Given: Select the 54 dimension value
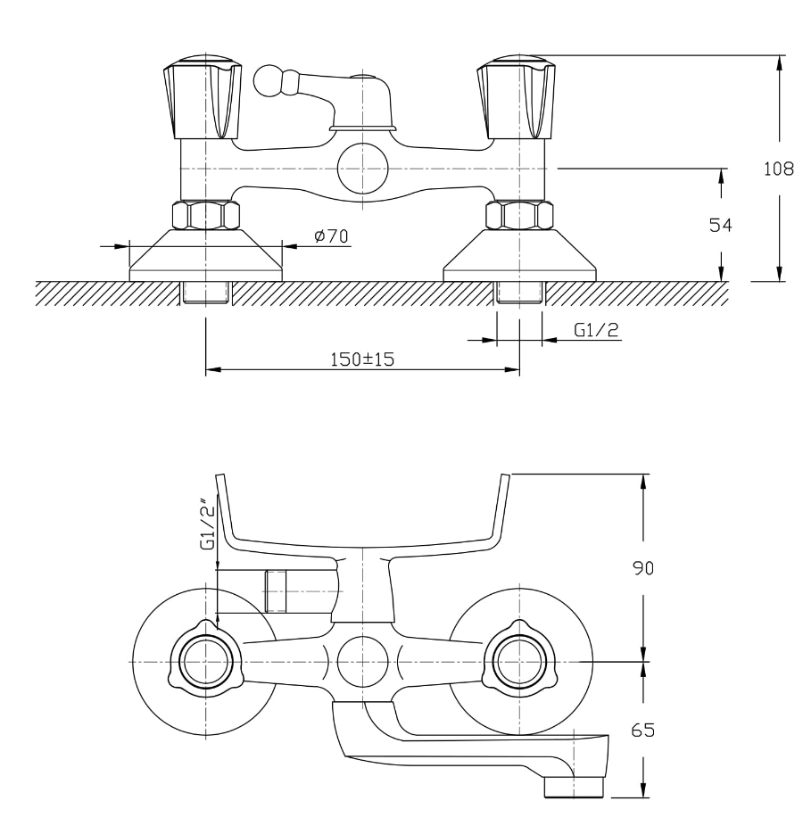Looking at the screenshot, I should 720,226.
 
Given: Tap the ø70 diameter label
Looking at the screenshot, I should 330,236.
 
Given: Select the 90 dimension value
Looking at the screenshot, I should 642,567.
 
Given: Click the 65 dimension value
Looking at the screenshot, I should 642,730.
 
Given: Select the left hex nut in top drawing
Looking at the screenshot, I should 205,216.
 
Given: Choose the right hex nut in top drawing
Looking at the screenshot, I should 519,216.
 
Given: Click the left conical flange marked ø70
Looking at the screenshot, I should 205,256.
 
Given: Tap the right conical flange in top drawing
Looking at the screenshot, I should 519,256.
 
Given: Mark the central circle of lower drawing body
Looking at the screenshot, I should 362,662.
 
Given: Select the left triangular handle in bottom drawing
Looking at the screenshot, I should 206,662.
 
